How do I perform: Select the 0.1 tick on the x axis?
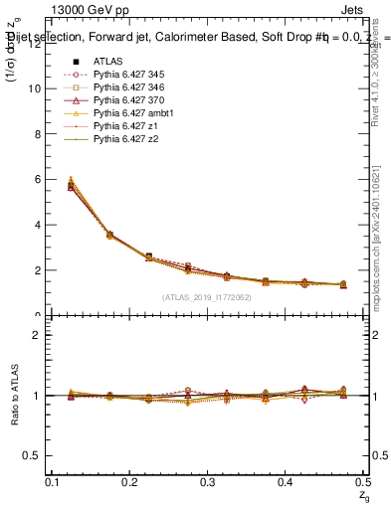click(x=54, y=481)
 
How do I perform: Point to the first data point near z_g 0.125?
click(x=71, y=186)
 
